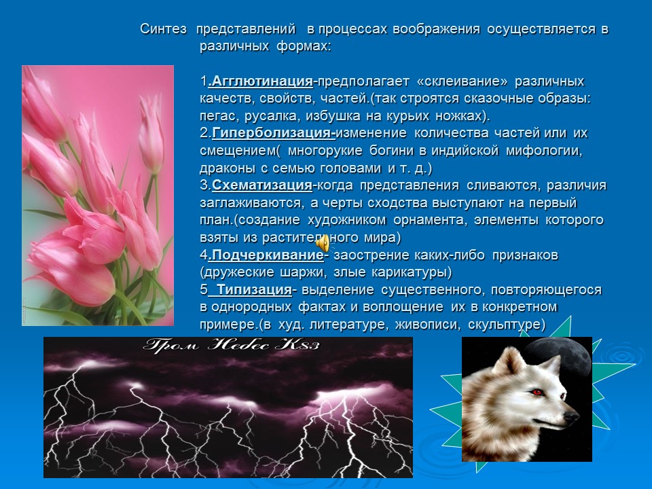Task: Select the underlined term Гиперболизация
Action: pos(273,133)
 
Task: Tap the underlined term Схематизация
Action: pos(262,185)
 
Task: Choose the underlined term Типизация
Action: pos(254,290)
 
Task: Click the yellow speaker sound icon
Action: pos(323,243)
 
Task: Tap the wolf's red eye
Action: pos(537,392)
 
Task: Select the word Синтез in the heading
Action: pos(164,29)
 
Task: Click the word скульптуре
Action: pos(507,325)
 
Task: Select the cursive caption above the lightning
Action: pos(231,345)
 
